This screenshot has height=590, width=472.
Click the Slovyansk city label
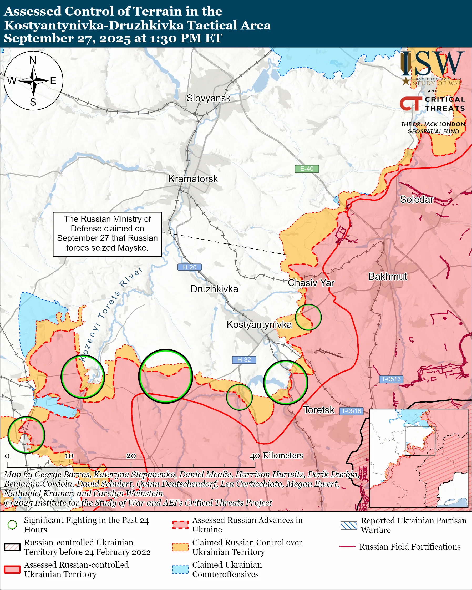point(209,98)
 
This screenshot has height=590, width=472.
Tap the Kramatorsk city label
point(193,179)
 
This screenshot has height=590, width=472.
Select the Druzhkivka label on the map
point(214,289)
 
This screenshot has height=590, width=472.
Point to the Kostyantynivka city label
point(259,324)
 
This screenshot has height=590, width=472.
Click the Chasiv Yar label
point(311,283)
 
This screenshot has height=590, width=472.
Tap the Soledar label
point(417,200)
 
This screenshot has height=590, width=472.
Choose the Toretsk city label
point(319,410)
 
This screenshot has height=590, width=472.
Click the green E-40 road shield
point(307,169)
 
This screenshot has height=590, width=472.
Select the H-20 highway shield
point(190,267)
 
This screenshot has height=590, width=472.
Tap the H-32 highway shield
point(244,360)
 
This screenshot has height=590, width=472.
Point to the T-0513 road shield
point(391,379)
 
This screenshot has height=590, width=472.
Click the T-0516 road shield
point(351,411)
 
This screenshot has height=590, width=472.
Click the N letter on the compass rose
point(33,60)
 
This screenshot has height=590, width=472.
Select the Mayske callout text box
point(107,234)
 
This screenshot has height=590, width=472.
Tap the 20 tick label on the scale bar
point(131,456)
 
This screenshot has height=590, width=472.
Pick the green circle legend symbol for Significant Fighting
point(12,525)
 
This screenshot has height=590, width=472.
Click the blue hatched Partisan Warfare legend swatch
point(349,525)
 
